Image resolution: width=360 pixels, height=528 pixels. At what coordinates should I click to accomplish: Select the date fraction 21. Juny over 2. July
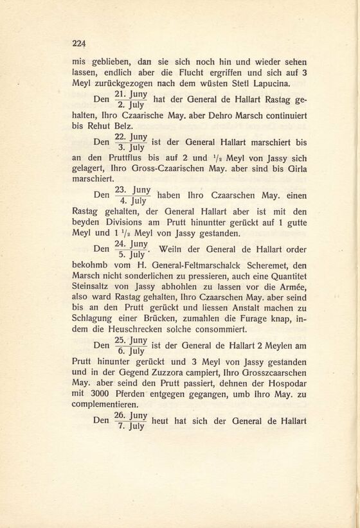click(x=130, y=100)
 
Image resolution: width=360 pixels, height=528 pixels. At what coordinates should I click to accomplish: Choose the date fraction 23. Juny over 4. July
click(x=132, y=195)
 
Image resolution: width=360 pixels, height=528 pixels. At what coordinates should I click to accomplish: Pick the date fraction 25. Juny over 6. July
click(x=130, y=347)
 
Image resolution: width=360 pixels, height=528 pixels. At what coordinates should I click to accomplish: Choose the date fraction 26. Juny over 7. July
click(x=130, y=421)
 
